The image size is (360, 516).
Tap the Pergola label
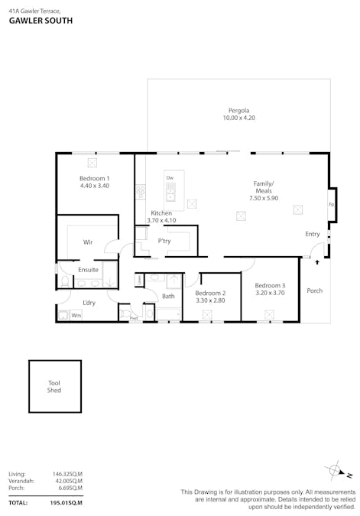[238, 110]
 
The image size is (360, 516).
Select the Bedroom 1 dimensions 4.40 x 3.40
[95, 186]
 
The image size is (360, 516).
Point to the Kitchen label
[161, 213]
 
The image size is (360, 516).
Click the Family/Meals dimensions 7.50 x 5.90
[264, 198]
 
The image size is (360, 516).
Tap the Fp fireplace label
[331, 205]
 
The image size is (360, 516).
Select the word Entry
[313, 234]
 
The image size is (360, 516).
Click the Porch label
[314, 290]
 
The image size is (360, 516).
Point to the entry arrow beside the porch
[316, 262]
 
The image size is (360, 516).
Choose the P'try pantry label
[164, 242]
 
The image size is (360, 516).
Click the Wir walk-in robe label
[88, 242]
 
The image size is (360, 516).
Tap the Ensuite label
[88, 270]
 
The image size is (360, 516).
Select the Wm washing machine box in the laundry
[76, 314]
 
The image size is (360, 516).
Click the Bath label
[168, 296]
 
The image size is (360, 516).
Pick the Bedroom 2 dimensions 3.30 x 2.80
[209, 300]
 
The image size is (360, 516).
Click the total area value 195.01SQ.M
[66, 503]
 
